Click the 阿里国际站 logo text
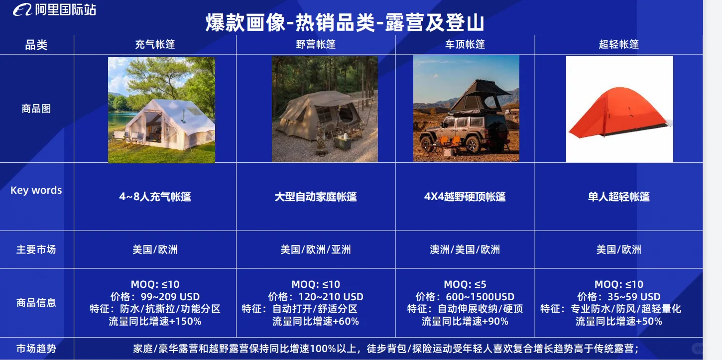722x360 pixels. pos(65,9)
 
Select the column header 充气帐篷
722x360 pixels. pos(155,44)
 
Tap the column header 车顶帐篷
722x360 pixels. pos(465,44)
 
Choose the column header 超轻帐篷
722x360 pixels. pos(619,44)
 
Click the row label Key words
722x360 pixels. pos(36,190)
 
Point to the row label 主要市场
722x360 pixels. pos(36,249)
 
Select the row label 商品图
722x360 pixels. pos(36,109)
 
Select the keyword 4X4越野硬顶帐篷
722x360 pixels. pos(465,197)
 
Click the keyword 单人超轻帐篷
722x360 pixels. pos(619,197)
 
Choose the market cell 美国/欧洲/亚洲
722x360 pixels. pos(316,249)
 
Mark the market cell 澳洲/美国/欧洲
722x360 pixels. pos(465,249)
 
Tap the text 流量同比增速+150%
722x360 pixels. pos(155,321)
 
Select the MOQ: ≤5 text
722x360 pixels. pos(465,284)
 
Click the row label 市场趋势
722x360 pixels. pos(36,349)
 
